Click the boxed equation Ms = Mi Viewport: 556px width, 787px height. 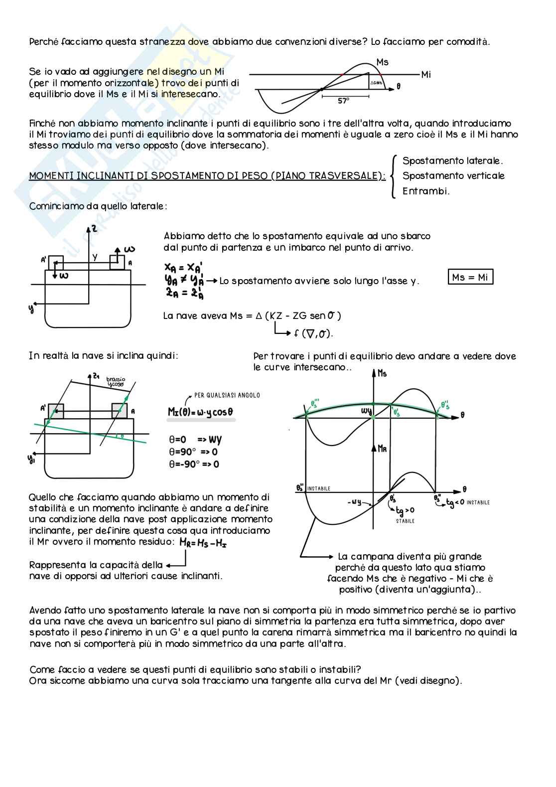point(471,277)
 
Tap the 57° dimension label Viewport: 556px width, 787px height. point(344,101)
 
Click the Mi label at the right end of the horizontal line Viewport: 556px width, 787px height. point(426,75)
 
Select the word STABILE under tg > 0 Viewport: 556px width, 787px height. point(405,521)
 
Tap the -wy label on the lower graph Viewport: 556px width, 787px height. point(355,502)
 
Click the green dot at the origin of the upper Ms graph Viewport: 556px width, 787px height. point(373,417)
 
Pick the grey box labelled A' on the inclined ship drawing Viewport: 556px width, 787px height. point(56,411)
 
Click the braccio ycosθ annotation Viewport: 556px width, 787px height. point(116,382)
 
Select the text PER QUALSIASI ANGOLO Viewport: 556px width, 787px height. point(227,395)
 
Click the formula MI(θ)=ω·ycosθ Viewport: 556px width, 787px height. point(201,412)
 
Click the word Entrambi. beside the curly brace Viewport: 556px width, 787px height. point(426,191)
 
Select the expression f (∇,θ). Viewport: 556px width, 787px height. point(313,334)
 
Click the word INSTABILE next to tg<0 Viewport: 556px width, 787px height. point(478,502)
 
